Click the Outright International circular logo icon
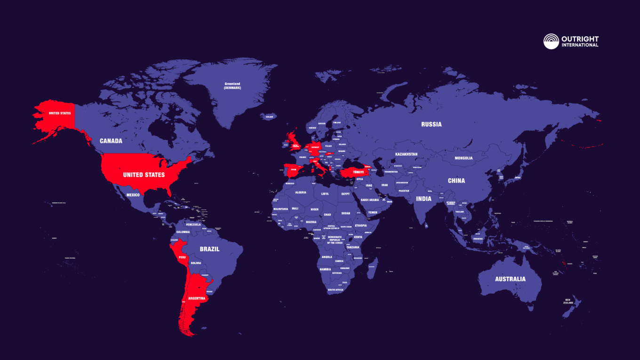pos(551,41)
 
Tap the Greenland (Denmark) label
pos(232,86)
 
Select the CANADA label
pos(111,141)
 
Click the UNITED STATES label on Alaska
pos(60,113)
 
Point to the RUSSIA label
pos(431,125)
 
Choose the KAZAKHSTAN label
pos(406,154)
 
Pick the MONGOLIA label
pos(464,158)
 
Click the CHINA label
pos(456,181)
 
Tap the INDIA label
pos(424,199)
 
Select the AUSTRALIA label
pos(510,279)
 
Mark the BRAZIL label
pos(209,249)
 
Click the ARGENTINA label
pos(196,298)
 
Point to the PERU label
pos(182,257)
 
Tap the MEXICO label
pos(133,195)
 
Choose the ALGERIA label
pos(300,192)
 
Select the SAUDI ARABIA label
pos(370,200)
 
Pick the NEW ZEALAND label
pos(569,302)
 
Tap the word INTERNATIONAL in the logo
pos(580,45)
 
